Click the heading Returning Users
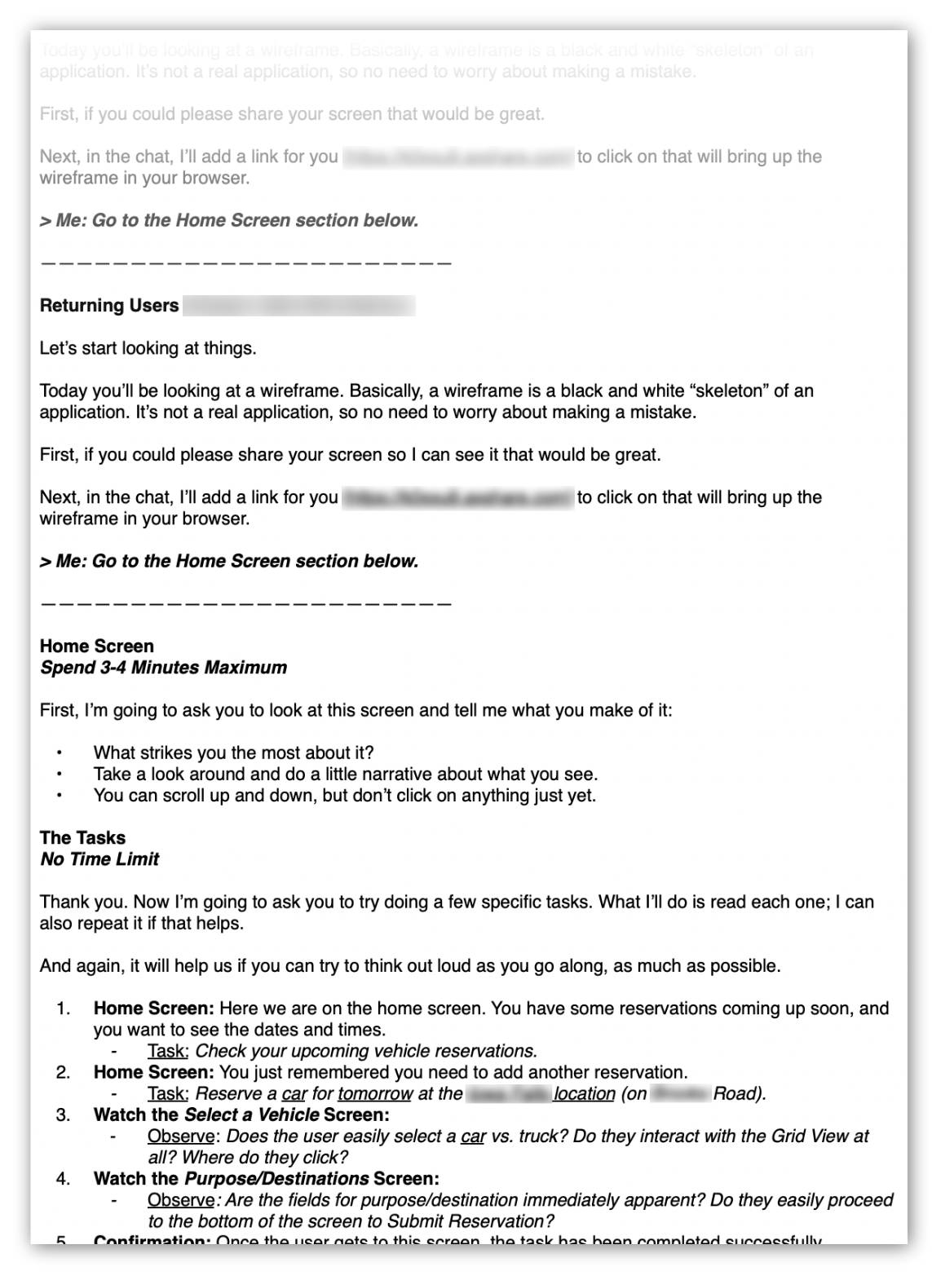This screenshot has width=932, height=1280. coord(109,306)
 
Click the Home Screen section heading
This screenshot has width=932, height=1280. coord(96,647)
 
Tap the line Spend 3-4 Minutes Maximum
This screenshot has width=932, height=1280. coord(163,668)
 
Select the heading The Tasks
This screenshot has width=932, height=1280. coord(82,838)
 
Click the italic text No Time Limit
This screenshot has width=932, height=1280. coord(99,859)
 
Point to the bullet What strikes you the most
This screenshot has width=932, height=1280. coord(233,753)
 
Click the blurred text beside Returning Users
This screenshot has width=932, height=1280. coord(298,306)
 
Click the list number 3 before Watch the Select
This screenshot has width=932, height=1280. coord(63,1114)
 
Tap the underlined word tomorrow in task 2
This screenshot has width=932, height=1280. coord(375,1093)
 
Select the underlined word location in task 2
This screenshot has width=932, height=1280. coord(584,1093)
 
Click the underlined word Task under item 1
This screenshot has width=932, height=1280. coord(167,1051)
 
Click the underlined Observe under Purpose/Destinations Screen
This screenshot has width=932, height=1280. coord(180,1200)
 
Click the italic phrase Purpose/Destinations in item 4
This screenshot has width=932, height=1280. coord(276,1179)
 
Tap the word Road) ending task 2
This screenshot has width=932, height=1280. coord(740,1093)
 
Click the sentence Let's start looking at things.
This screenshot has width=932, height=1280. coord(148,348)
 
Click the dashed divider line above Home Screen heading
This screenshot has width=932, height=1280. coord(245,604)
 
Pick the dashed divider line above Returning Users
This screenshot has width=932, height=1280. coord(245,263)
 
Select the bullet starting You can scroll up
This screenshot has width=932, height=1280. coord(344,796)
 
